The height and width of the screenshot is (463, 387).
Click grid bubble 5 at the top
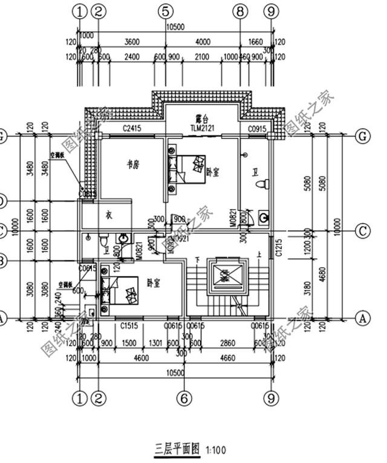167,11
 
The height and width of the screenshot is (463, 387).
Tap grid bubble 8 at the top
240,11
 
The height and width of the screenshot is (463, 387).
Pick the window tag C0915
257,128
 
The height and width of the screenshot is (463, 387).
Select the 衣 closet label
109,214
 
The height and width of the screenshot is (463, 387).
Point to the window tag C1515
128,326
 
